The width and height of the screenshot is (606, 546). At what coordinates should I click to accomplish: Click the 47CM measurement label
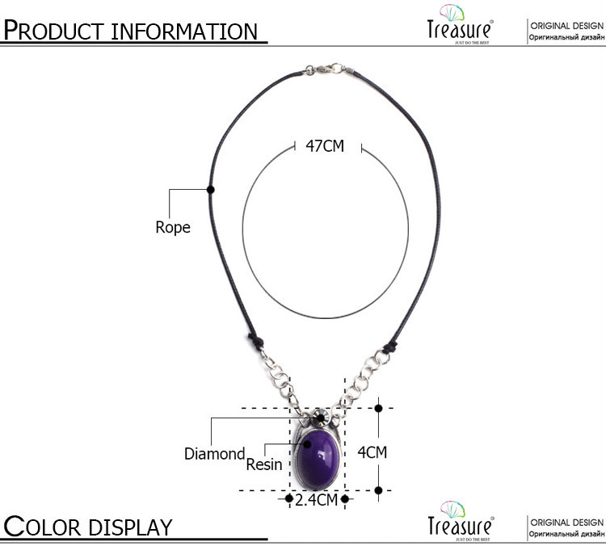pyautogui.click(x=325, y=146)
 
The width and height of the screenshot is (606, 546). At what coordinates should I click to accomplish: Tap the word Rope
pyautogui.click(x=173, y=228)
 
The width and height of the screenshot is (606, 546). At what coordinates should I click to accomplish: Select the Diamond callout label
pyautogui.click(x=214, y=454)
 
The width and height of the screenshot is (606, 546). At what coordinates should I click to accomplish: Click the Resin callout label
pyautogui.click(x=264, y=464)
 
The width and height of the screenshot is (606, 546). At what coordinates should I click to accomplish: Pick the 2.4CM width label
pyautogui.click(x=316, y=500)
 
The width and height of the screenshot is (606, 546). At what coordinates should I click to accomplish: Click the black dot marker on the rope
pyautogui.click(x=211, y=190)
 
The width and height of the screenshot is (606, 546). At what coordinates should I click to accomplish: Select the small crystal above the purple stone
pyautogui.click(x=320, y=418)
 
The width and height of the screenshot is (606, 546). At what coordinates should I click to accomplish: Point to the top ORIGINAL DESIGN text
pyautogui.click(x=566, y=26)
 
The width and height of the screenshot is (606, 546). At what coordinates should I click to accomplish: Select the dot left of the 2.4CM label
pyautogui.click(x=289, y=500)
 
